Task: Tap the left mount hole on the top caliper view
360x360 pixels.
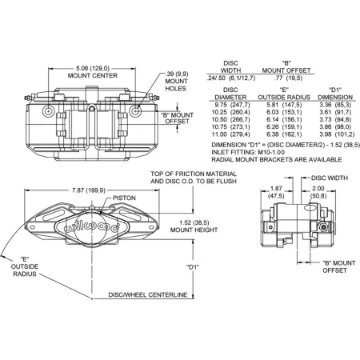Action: [x=49, y=110]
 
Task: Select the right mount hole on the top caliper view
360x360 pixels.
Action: [x=135, y=110]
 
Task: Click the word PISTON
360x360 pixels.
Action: [x=124, y=198]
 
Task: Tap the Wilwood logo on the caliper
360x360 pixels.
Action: [x=92, y=227]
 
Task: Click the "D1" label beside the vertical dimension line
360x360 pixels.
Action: [x=193, y=267]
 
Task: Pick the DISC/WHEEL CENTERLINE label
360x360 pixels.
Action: [x=148, y=294]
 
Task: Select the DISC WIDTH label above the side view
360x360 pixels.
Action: [x=330, y=178]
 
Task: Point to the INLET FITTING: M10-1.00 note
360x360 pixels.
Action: [x=248, y=152]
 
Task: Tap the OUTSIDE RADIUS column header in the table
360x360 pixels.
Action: [x=284, y=98]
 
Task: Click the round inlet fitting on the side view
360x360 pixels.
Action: [x=323, y=227]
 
